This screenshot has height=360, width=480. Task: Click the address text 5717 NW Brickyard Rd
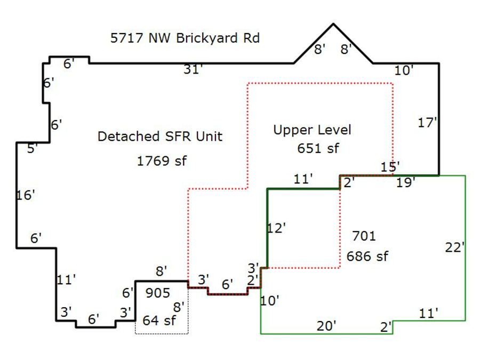pos(185,38)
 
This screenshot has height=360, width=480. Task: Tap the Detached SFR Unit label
pos(159,137)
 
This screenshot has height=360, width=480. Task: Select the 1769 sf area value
pos(162,161)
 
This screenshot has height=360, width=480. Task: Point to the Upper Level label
pos(312,130)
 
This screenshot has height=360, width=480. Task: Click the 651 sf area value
pos(318,149)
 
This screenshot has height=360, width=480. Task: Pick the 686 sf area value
pos(367,256)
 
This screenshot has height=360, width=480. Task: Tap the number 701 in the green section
pos(364,236)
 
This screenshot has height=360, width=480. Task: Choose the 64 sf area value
pos(159,321)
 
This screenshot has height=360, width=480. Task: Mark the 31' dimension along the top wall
pos(193,69)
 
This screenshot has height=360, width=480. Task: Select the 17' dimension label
pos(427,123)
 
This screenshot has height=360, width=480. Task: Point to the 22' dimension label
pos(455,247)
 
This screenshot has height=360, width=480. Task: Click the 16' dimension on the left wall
pos(25,195)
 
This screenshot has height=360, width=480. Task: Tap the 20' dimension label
pos(326,326)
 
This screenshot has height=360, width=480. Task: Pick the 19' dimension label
pos(406,183)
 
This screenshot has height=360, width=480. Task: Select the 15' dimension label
pos(390,166)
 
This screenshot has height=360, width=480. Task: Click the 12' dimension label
pos(276,228)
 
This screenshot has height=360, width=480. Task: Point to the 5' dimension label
pos(33,149)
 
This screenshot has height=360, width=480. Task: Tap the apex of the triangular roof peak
pos(333,24)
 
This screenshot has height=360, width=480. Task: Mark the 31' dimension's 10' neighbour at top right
pos(404,70)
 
